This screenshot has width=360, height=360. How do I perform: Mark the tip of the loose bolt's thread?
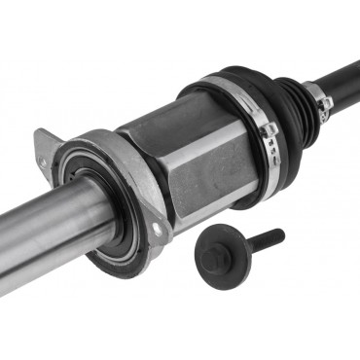pos(280,233)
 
